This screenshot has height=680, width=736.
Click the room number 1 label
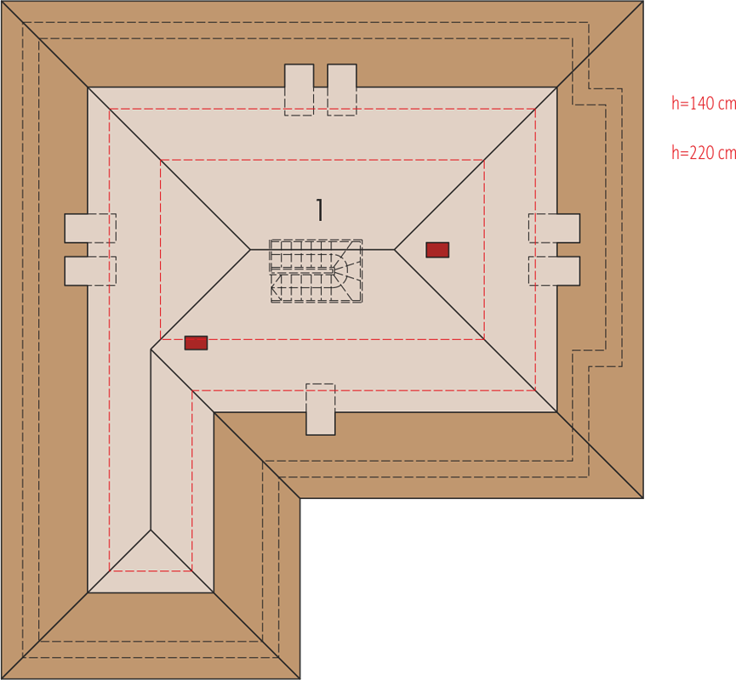coord(320,210)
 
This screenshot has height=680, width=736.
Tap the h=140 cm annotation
coord(704,103)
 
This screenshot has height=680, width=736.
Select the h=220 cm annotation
coord(704,152)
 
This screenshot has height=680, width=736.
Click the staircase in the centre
coord(316,271)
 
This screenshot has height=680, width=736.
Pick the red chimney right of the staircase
coord(437,250)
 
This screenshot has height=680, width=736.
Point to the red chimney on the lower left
coord(196,343)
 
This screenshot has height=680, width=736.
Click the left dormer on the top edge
coord(299,89)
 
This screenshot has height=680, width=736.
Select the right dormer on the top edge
coord(342,89)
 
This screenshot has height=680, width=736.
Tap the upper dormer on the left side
coord(90,229)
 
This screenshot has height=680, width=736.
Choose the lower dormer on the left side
coord(90,271)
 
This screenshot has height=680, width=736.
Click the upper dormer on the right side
coord(555,229)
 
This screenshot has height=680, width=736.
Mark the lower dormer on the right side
coord(555,271)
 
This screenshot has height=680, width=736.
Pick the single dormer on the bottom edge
coord(321,410)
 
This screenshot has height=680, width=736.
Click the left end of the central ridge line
coord(250,250)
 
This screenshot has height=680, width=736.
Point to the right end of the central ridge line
coord(394,250)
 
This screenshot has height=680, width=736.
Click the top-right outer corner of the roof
coord(643,1)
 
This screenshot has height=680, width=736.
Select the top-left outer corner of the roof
coord(1,1)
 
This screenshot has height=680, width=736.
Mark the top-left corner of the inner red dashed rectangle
coord(161,161)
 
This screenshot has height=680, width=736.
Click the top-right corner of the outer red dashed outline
coord(535,109)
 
